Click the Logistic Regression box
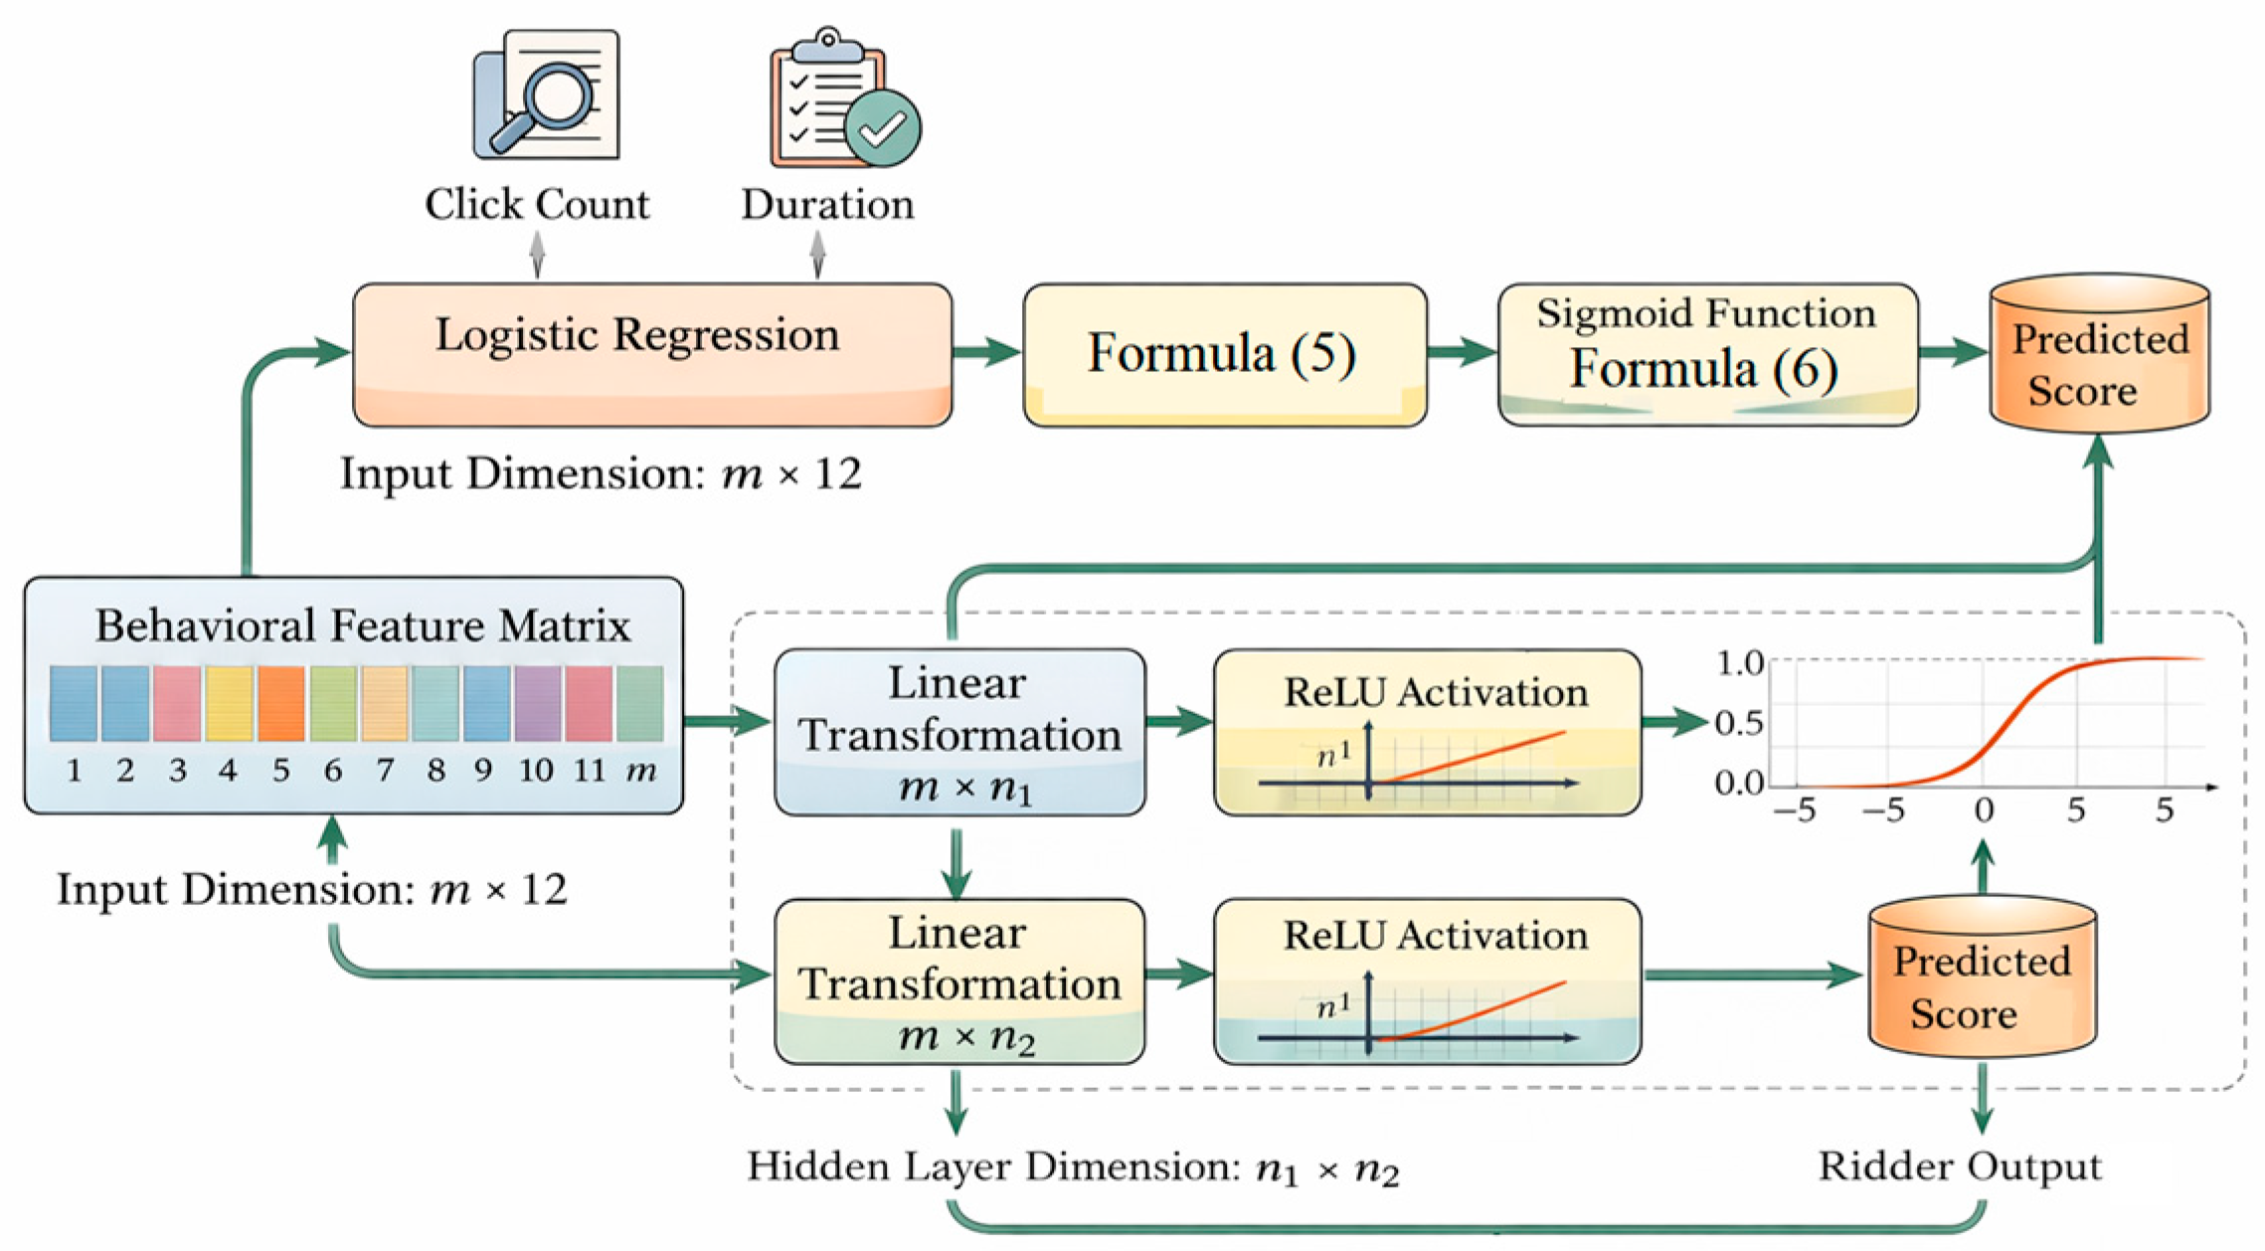point(651,354)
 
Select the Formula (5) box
point(1224,354)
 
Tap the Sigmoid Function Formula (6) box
point(1706,354)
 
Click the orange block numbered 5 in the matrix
point(281,703)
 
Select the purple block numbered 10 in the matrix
point(538,703)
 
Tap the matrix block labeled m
point(640,703)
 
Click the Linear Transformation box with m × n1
point(958,733)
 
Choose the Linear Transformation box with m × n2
point(958,982)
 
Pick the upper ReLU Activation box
point(1426,733)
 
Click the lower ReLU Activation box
point(1426,982)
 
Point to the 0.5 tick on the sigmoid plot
point(1739,723)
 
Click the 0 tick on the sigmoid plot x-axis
point(1983,810)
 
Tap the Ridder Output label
point(1959,1166)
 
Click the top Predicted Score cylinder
point(2099,355)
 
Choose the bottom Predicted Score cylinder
point(1982,978)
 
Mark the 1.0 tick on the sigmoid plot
point(1739,663)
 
